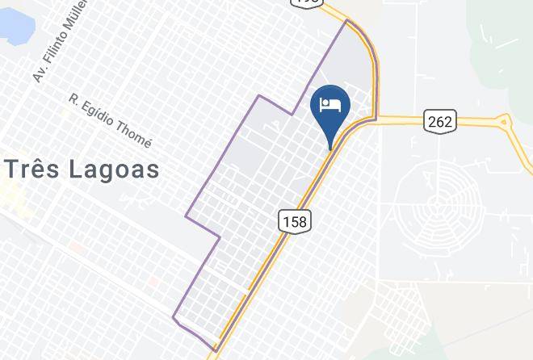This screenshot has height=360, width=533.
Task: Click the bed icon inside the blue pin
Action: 330,104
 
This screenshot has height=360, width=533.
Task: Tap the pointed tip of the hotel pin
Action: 330,149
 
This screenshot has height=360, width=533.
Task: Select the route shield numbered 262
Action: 439,122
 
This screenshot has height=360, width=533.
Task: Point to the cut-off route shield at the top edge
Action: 307,2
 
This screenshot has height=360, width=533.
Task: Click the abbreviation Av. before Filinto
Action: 36,75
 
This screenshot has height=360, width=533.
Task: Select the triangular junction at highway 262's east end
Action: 504,123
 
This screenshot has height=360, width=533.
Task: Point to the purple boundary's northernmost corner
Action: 347,20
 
